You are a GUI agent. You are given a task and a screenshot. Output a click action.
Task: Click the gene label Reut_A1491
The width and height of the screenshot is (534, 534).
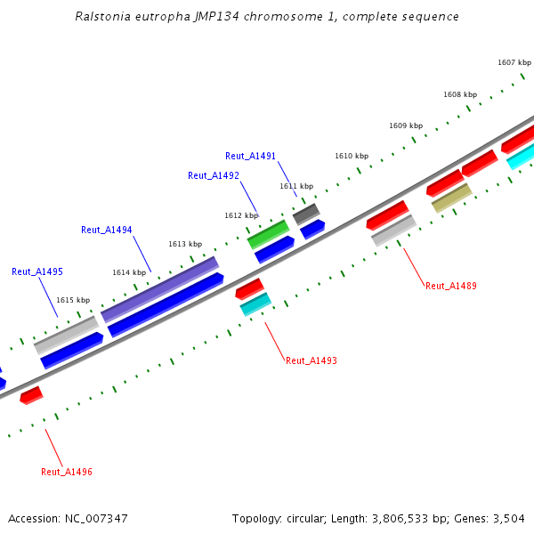tap(250, 156)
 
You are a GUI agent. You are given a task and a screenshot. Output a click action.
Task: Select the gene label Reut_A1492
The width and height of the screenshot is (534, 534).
tap(214, 175)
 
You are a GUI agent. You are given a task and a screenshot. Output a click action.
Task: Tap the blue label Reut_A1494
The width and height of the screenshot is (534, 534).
tap(107, 230)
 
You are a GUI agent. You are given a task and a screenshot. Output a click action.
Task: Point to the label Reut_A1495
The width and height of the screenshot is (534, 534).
tap(37, 271)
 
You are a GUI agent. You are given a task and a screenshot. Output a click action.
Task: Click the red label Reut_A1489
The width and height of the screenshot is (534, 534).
tap(451, 286)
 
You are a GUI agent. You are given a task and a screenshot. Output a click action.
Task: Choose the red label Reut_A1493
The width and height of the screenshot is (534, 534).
tap(311, 360)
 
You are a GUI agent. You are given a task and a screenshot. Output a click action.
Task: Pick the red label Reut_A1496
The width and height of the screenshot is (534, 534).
tap(67, 472)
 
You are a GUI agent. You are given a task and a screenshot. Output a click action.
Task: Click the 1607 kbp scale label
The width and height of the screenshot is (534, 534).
tap(514, 62)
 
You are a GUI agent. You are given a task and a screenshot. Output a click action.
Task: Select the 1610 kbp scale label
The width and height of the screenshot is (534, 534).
tap(352, 156)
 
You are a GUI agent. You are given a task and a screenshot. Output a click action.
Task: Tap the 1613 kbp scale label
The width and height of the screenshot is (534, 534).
tap(185, 244)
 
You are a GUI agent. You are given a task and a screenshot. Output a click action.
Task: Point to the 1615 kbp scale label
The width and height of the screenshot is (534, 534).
tap(73, 301)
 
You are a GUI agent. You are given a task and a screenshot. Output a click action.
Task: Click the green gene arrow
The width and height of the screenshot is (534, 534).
tap(268, 234)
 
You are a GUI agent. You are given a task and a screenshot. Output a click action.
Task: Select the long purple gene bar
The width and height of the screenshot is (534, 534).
tap(160, 288)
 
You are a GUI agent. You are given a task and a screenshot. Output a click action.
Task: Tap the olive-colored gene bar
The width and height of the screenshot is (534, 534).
tap(451, 198)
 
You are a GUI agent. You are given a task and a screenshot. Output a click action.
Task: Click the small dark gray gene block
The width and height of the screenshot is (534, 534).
tap(305, 214)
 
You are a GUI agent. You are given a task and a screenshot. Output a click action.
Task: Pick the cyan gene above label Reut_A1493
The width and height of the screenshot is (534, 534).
tap(255, 304)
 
